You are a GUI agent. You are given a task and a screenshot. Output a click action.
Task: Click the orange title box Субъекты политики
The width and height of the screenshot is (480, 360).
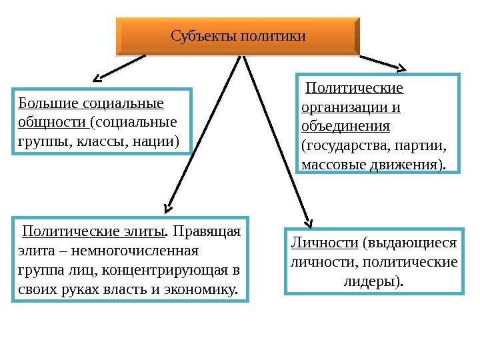click(238, 35)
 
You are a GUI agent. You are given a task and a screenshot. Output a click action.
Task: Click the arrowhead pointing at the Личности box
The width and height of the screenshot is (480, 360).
click(309, 223)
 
